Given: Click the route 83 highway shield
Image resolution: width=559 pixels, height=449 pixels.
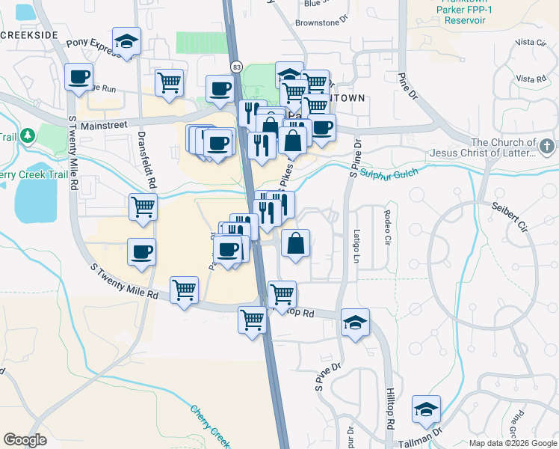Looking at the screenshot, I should [x=236, y=67].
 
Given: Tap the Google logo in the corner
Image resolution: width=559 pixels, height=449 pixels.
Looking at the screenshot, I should [x=25, y=440].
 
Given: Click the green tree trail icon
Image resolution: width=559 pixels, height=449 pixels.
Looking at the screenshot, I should [x=28, y=135].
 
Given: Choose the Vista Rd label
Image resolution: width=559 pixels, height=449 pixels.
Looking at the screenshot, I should [x=531, y=79].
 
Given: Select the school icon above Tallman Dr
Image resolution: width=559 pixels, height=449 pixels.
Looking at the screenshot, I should [x=426, y=409].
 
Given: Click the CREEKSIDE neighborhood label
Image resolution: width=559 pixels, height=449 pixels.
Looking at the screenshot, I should [x=28, y=35].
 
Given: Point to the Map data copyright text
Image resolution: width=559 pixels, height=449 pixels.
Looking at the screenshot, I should [x=513, y=443].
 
